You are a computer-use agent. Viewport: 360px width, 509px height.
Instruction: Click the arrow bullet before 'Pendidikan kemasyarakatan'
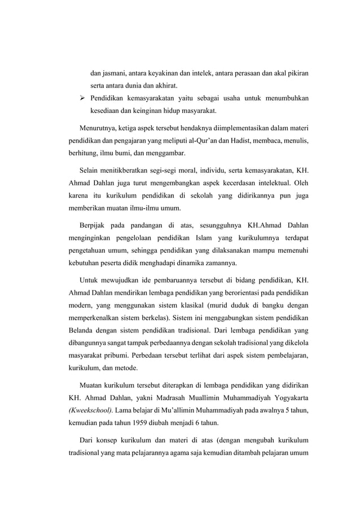82,98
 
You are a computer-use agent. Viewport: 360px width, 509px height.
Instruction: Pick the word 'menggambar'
164,153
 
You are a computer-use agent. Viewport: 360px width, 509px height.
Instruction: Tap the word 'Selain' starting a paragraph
91,171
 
